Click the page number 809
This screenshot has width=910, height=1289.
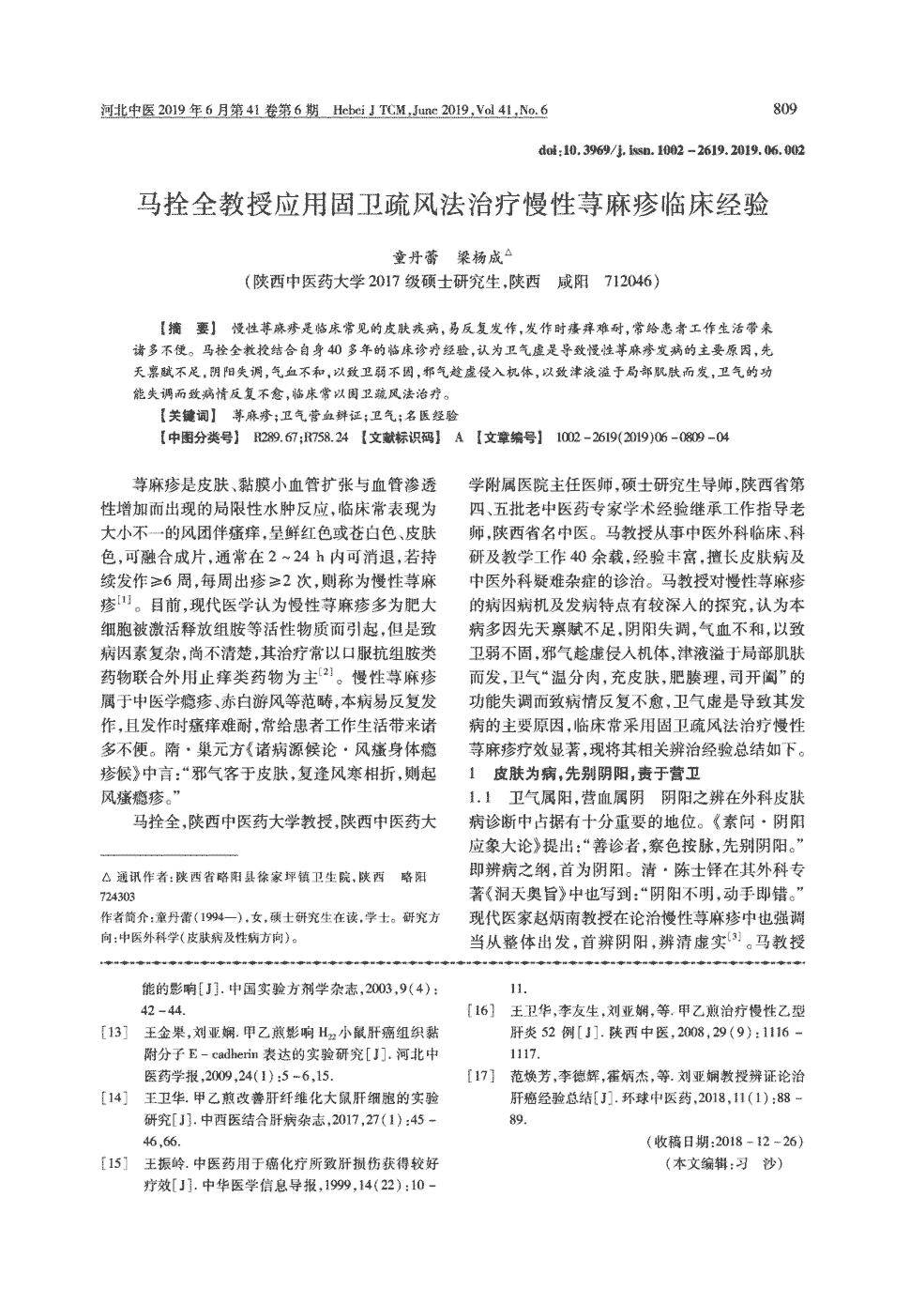tap(785, 109)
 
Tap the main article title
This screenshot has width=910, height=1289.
tap(454, 204)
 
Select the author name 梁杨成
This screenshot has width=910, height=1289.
tap(479, 255)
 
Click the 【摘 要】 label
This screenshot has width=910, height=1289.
tap(188, 330)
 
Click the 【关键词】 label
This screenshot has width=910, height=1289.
tap(187, 414)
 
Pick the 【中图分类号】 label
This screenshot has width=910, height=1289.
tap(199, 437)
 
